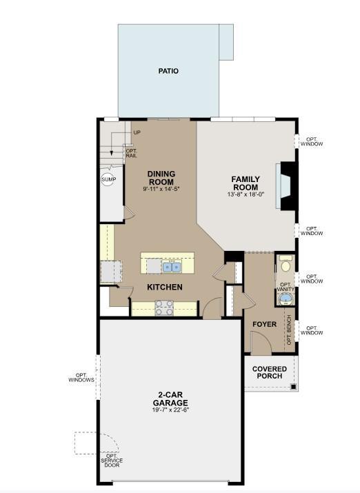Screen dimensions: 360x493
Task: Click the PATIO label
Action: pos(168,71)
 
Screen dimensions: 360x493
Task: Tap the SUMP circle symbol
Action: pos(109,179)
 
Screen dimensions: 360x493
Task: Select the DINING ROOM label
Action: pos(161,178)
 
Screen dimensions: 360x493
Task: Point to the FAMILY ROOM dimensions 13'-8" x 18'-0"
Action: pos(246,194)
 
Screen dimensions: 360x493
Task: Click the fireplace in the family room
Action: pos(286,185)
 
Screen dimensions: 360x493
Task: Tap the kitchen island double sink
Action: pos(172,267)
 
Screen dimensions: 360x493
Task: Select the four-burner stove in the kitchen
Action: pos(164,308)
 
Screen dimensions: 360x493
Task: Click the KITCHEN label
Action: pos(165,287)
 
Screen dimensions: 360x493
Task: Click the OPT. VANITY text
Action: pos(286,287)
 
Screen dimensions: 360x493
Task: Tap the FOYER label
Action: pos(264,324)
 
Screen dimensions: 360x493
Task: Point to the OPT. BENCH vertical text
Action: pos(289,330)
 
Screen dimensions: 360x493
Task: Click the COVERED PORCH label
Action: pos(270,372)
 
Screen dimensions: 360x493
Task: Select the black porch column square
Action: pos(294,387)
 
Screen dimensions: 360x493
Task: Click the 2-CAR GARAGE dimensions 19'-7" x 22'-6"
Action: pos(171,410)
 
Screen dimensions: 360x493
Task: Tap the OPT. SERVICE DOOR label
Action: pos(112,461)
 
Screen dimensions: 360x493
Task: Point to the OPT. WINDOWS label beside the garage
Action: pos(81,378)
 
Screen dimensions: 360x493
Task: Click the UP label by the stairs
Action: pos(137,132)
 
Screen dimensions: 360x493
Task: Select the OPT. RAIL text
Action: pos(131,153)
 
